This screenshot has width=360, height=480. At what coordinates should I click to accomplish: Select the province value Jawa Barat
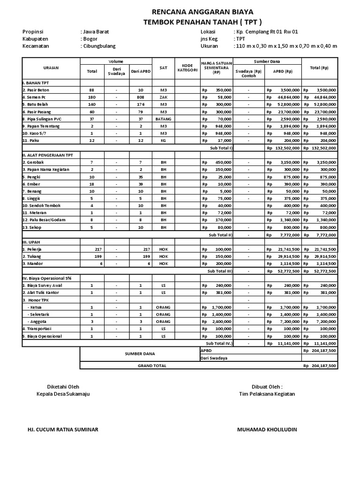point(96,31)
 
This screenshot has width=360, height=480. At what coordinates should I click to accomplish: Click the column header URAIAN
point(51,67)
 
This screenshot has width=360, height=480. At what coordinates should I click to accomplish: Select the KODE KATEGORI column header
point(187,67)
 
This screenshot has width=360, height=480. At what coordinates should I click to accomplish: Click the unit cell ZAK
point(164,97)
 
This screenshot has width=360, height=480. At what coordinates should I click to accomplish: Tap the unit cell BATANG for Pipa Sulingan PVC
point(164,119)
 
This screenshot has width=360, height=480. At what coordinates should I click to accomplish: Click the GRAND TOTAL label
point(151,365)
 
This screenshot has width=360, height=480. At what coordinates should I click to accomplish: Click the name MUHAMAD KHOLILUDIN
point(267,429)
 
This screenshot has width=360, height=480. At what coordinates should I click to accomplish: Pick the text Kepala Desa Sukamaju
point(63,394)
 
